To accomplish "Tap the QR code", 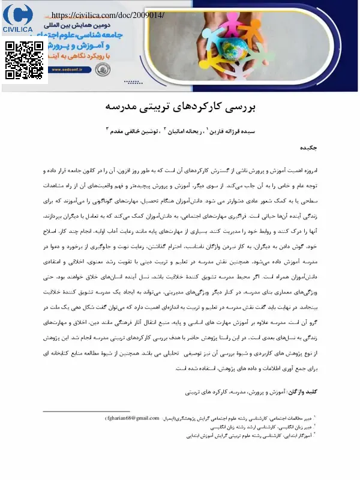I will tap(22, 60).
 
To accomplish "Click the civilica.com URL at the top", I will tap(108, 14).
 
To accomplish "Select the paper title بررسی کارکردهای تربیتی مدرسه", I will tap(180, 108).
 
